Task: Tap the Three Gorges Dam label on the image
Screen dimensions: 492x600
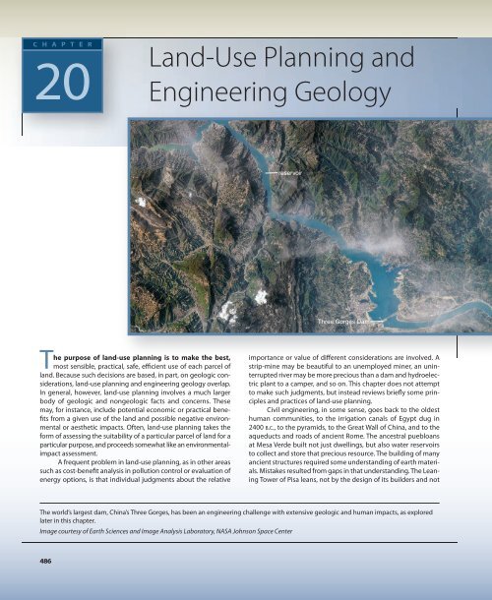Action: (x=340, y=321)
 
